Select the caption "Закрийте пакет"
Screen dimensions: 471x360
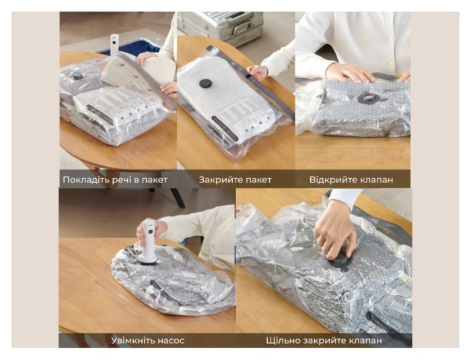point(235,180)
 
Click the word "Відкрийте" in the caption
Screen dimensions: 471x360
point(330,180)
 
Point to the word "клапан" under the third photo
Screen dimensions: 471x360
point(373,180)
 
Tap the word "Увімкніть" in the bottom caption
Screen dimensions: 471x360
point(131,340)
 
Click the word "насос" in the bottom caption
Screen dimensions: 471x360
point(169,341)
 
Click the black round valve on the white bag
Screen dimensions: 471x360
point(205,83)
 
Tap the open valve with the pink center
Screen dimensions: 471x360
point(367,98)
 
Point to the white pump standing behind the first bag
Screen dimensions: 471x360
point(114,44)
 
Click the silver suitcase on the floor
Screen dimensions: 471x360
point(220,26)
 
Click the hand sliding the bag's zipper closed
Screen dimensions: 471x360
point(257,72)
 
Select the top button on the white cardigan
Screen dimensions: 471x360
point(390,38)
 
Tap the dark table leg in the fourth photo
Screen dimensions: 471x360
point(178,198)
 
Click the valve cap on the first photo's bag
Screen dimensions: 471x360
point(77,76)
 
